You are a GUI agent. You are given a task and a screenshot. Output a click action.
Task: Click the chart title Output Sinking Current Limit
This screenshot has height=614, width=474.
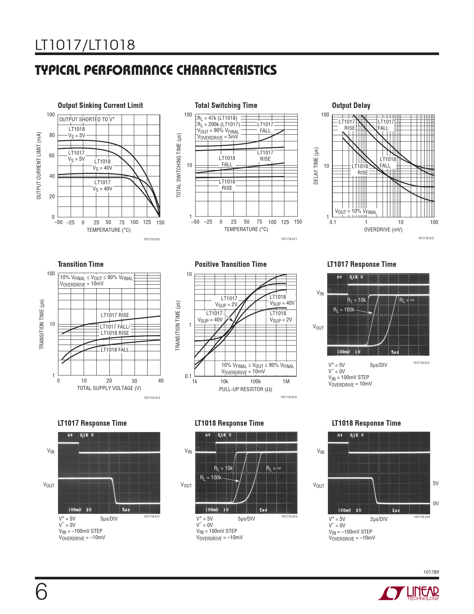coord(100,105)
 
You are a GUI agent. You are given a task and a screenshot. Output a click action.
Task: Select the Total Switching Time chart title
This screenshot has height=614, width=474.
coord(226,105)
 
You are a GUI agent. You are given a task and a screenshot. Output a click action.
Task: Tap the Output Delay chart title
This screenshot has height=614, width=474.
coord(351,105)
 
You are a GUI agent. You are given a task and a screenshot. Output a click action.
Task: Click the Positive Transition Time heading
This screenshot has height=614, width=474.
coord(230,264)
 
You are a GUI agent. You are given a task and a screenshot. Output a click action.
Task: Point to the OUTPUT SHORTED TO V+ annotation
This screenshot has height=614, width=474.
coord(87,119)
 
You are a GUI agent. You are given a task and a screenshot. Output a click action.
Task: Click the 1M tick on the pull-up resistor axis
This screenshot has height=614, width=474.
coord(286,381)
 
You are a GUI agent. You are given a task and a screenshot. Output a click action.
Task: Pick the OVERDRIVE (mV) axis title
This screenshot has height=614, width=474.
coord(383,230)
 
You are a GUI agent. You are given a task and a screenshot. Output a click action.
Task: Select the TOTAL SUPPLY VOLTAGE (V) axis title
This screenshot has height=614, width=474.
coord(109,388)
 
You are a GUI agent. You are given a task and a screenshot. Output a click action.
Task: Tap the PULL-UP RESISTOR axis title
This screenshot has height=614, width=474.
coord(246,389)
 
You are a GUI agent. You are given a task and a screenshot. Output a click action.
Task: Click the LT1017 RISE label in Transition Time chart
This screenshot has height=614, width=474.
coord(115,315)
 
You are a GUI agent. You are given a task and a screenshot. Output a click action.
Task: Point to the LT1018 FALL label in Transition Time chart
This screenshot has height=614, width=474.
coord(115,350)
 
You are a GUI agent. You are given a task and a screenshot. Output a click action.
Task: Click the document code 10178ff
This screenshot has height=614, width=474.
coord(431,572)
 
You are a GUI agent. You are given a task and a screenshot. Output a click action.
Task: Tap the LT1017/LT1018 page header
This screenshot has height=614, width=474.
coord(85,45)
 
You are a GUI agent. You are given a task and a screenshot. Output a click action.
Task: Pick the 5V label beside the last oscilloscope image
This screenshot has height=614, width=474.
coord(436,483)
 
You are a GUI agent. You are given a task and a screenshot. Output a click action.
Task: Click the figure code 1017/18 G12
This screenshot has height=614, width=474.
coord(426,238)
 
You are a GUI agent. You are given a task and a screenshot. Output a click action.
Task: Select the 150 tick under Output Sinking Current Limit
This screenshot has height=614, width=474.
coord(160,223)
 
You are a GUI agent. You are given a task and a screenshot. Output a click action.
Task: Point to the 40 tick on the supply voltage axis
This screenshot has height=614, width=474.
coord(161,381)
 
